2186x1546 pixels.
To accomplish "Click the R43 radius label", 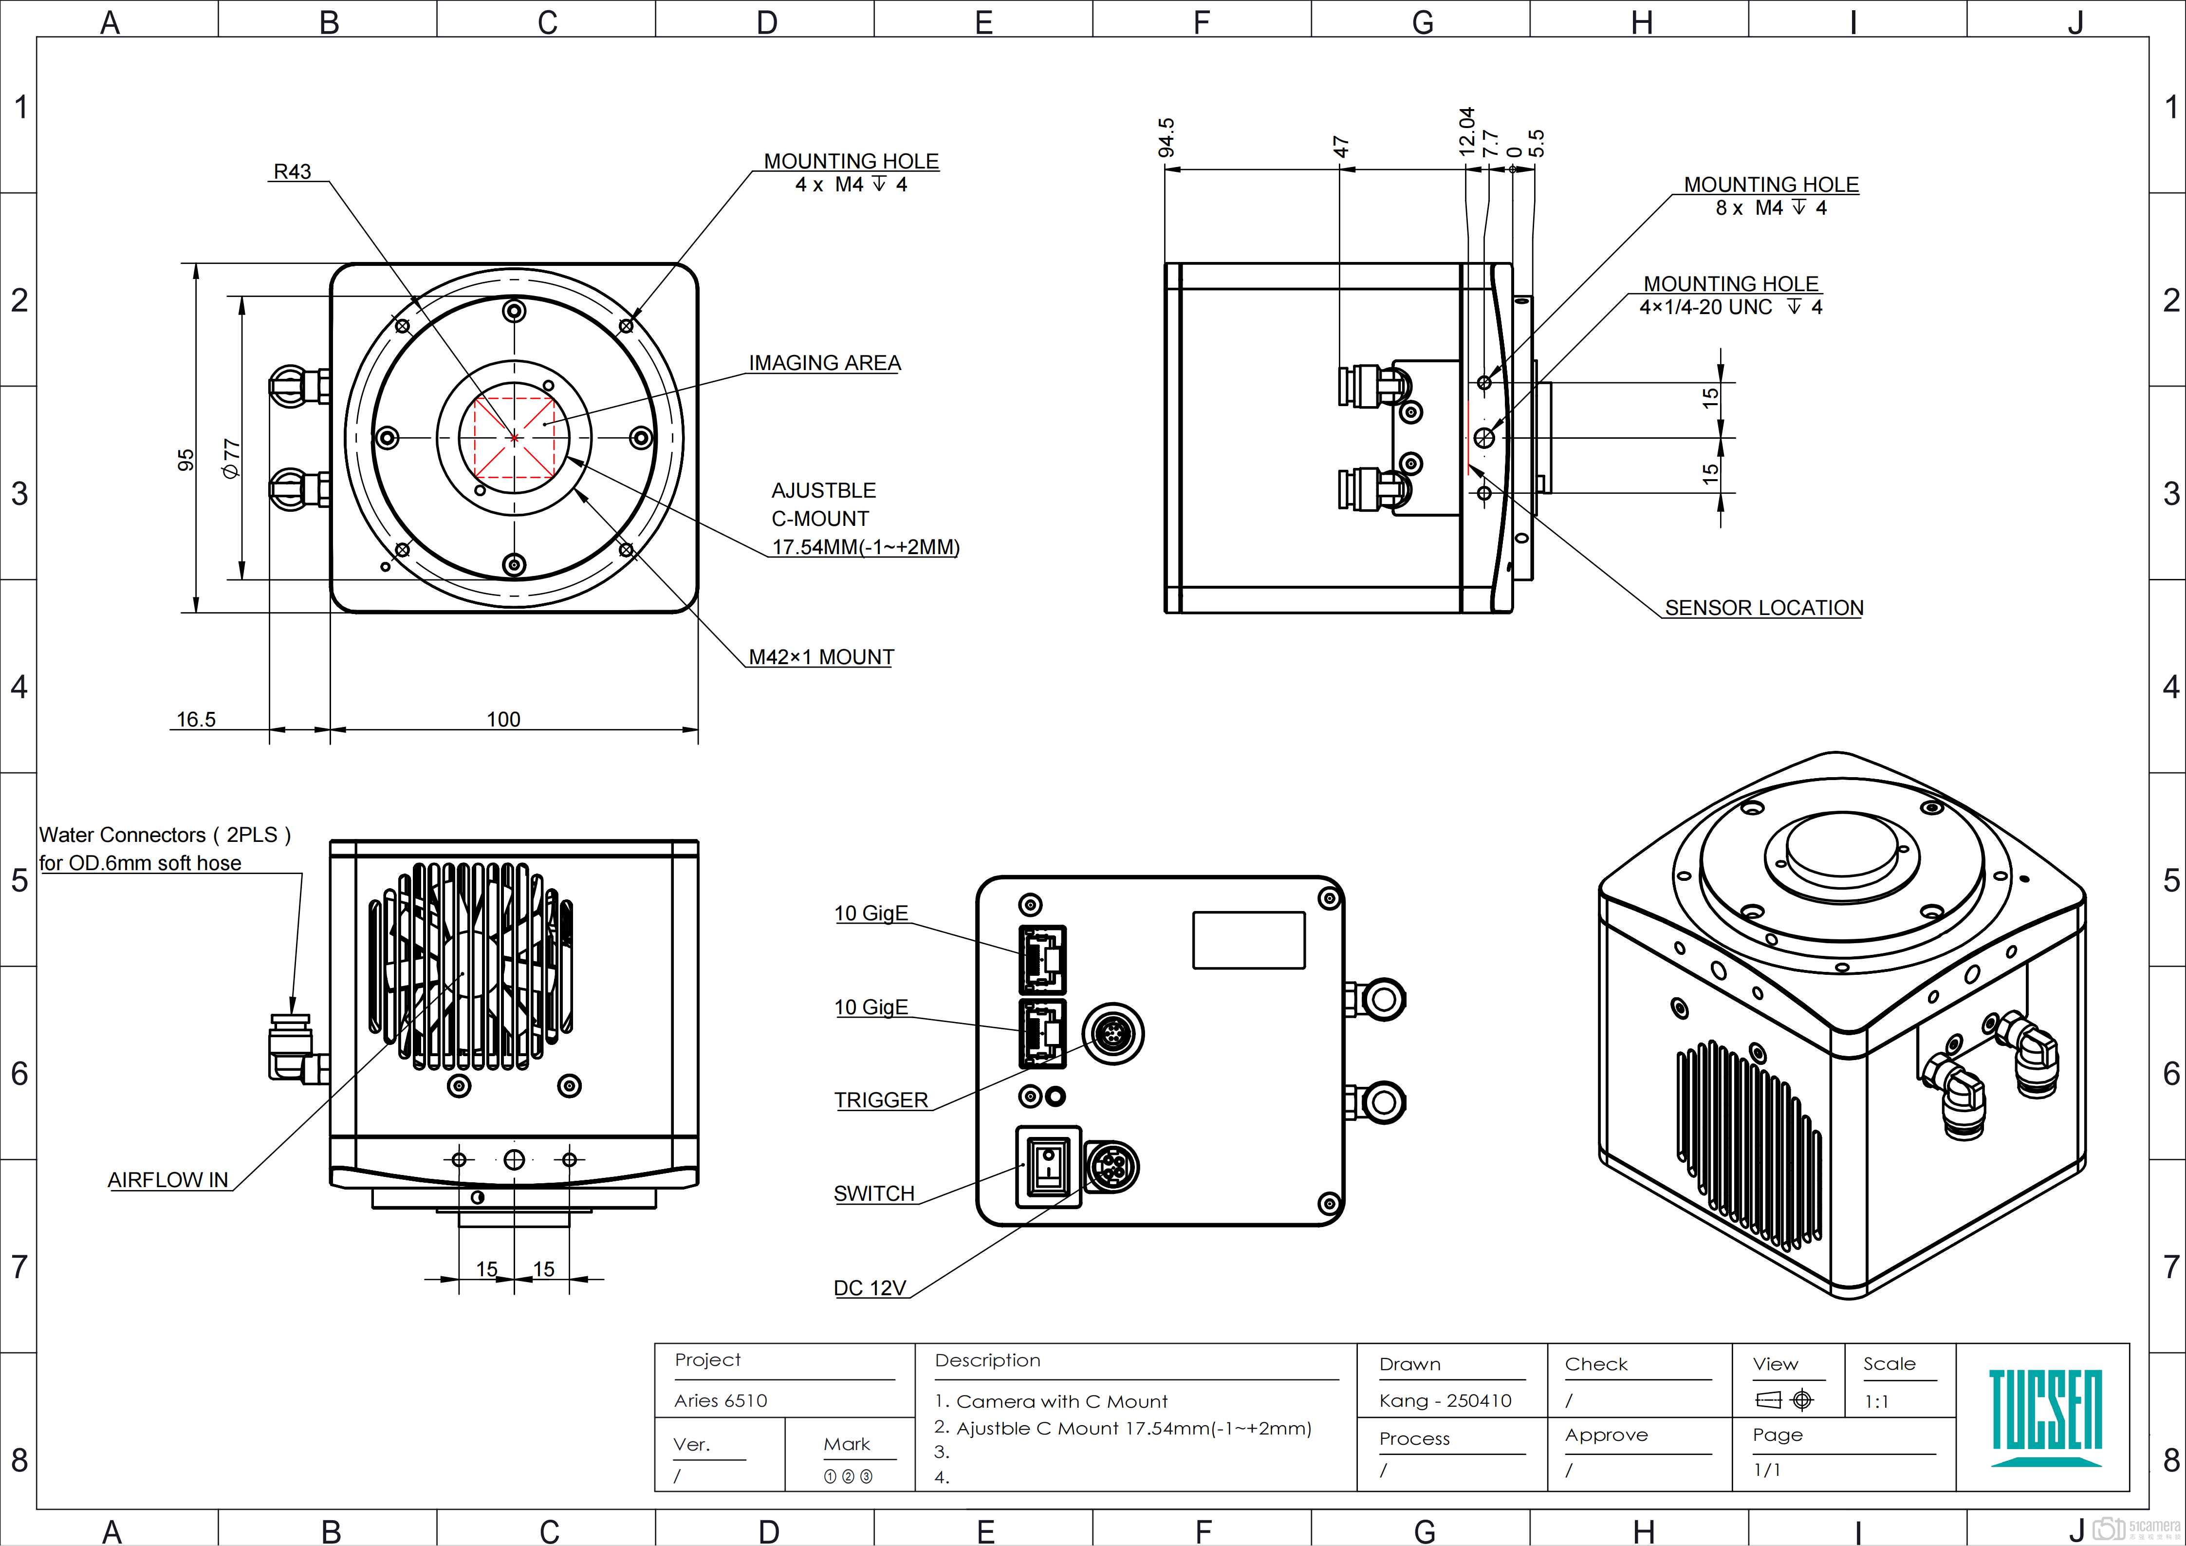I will click(x=292, y=171).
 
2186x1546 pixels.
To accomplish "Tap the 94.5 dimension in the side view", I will click(x=1167, y=137).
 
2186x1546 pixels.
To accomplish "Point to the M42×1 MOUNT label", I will click(x=821, y=657).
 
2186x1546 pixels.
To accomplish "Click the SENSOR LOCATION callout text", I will click(x=1763, y=607).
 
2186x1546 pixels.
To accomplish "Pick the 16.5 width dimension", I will click(x=196, y=719).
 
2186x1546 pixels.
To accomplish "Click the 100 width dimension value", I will click(x=503, y=719).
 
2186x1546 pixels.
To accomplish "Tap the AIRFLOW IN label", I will click(x=167, y=1179).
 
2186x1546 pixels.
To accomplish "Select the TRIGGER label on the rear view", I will click(x=881, y=1099).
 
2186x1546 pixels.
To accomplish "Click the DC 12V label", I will click(x=869, y=1288).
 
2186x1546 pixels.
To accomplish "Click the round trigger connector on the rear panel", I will click(x=1113, y=1033).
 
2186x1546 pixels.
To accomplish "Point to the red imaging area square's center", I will click(x=514, y=438).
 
